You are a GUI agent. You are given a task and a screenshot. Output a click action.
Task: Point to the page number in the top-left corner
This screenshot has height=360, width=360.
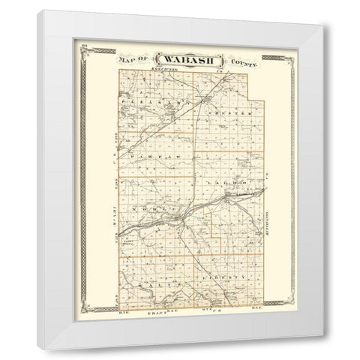point(88,49)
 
